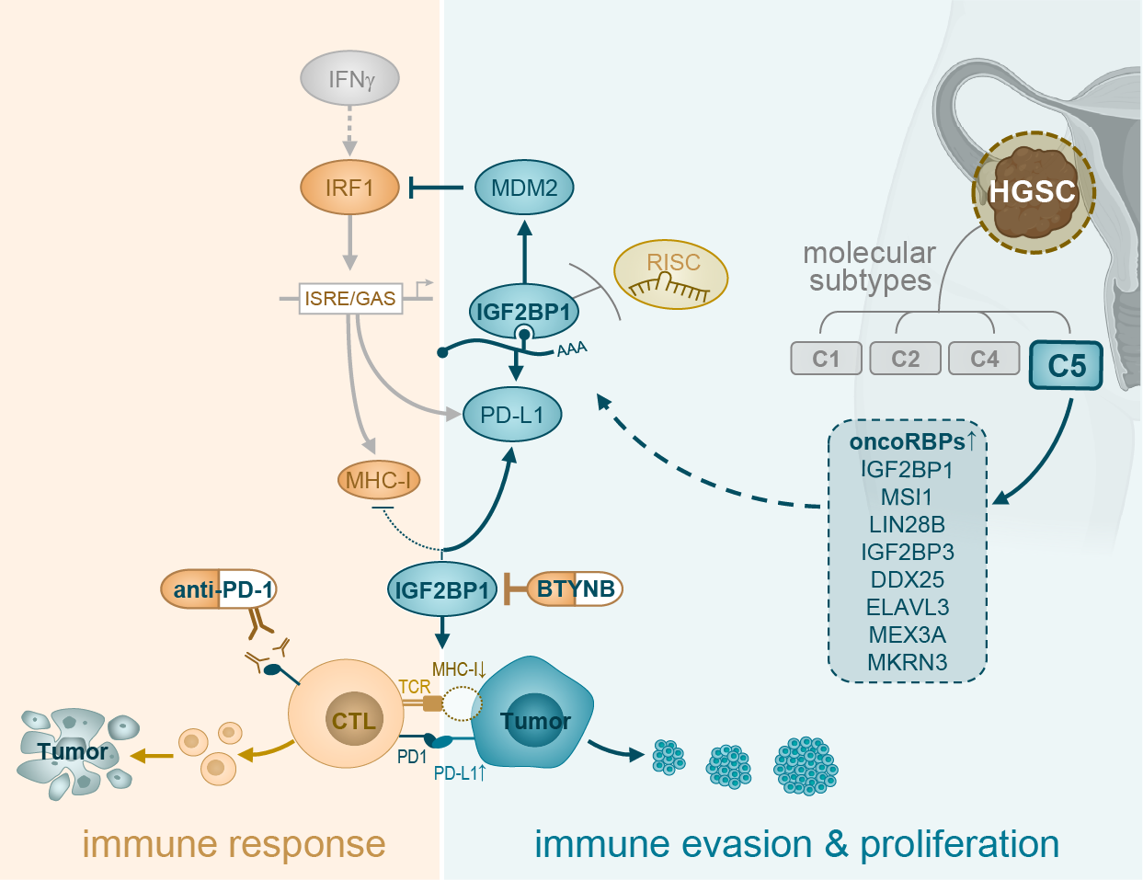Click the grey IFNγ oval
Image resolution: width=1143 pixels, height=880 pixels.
tap(349, 79)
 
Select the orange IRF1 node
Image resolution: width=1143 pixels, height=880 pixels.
tap(349, 188)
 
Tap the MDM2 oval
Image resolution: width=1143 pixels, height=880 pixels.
tap(524, 188)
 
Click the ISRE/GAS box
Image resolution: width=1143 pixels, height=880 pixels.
tap(350, 298)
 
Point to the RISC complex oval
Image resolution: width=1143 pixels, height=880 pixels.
tap(671, 274)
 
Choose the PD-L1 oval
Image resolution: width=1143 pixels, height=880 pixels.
tap(512, 415)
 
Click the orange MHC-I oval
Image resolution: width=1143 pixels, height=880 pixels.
tap(379, 479)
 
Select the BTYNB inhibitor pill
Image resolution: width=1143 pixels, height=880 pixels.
tap(576, 589)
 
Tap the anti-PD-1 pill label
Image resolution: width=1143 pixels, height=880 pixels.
tap(219, 589)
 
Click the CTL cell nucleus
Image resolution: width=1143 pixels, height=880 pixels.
tap(354, 720)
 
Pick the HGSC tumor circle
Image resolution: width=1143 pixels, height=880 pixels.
tap(1033, 192)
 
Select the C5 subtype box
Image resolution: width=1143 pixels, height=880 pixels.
tap(1066, 365)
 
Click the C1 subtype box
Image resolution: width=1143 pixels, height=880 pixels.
tap(826, 359)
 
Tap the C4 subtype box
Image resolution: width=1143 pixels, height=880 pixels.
tap(984, 359)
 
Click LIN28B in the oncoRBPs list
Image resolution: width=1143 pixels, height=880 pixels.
tap(907, 524)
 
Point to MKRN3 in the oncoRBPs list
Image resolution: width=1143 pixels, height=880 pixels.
tap(907, 662)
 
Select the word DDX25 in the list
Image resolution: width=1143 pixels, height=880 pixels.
tap(907, 579)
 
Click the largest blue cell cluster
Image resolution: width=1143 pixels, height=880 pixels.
tap(806, 765)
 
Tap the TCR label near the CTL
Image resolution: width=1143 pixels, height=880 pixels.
tap(414, 687)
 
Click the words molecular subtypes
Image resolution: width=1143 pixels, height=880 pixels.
tap(869, 266)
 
